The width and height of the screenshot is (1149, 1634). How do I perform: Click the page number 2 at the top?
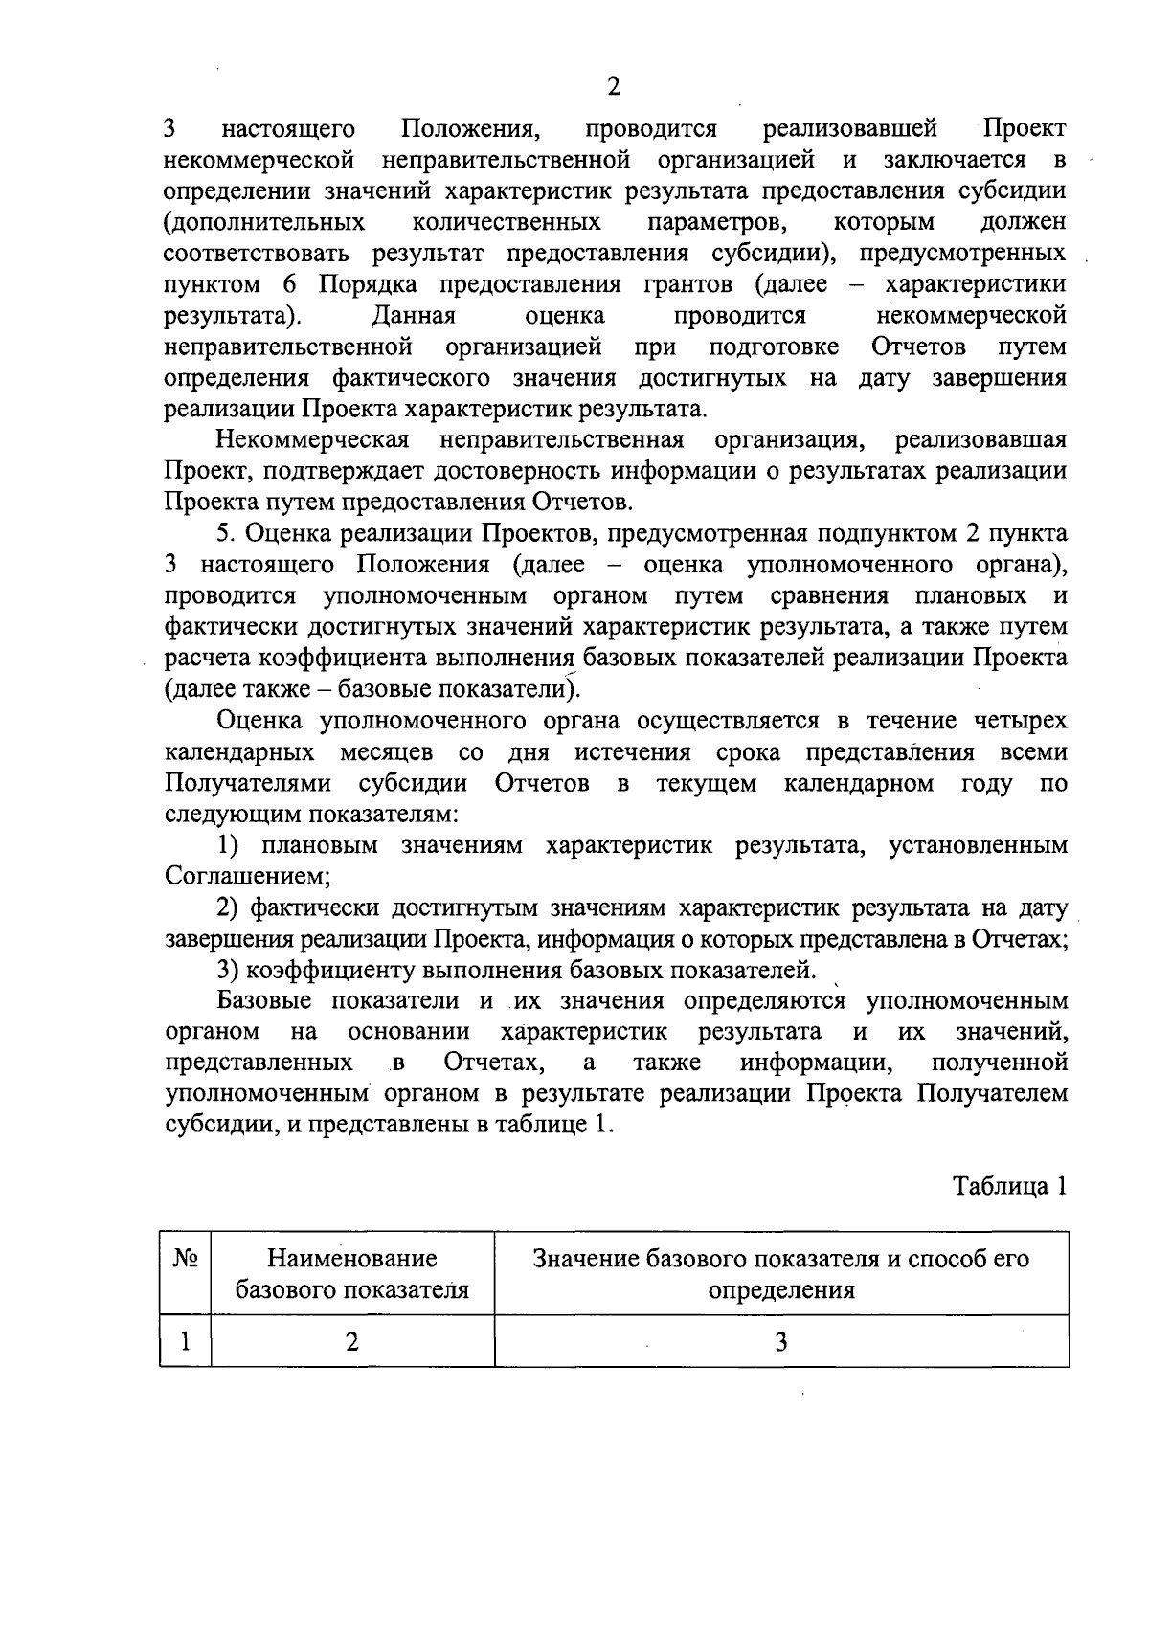pos(613,87)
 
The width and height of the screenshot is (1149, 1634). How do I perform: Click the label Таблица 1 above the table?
pos(1009,1187)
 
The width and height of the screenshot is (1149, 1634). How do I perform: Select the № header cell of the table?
pos(185,1259)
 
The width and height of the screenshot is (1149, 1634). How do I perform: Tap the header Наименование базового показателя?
pos(352,1274)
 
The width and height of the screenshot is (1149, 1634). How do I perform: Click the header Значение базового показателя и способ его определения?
pos(780,1274)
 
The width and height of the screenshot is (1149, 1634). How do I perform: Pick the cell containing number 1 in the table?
pos(185,1342)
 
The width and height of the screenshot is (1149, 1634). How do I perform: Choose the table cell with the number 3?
pos(780,1342)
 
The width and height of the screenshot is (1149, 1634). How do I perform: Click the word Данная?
pos(413,315)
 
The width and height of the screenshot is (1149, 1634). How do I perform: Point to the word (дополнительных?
pos(264,222)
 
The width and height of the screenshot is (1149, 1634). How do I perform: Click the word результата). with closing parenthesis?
pos(234,315)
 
